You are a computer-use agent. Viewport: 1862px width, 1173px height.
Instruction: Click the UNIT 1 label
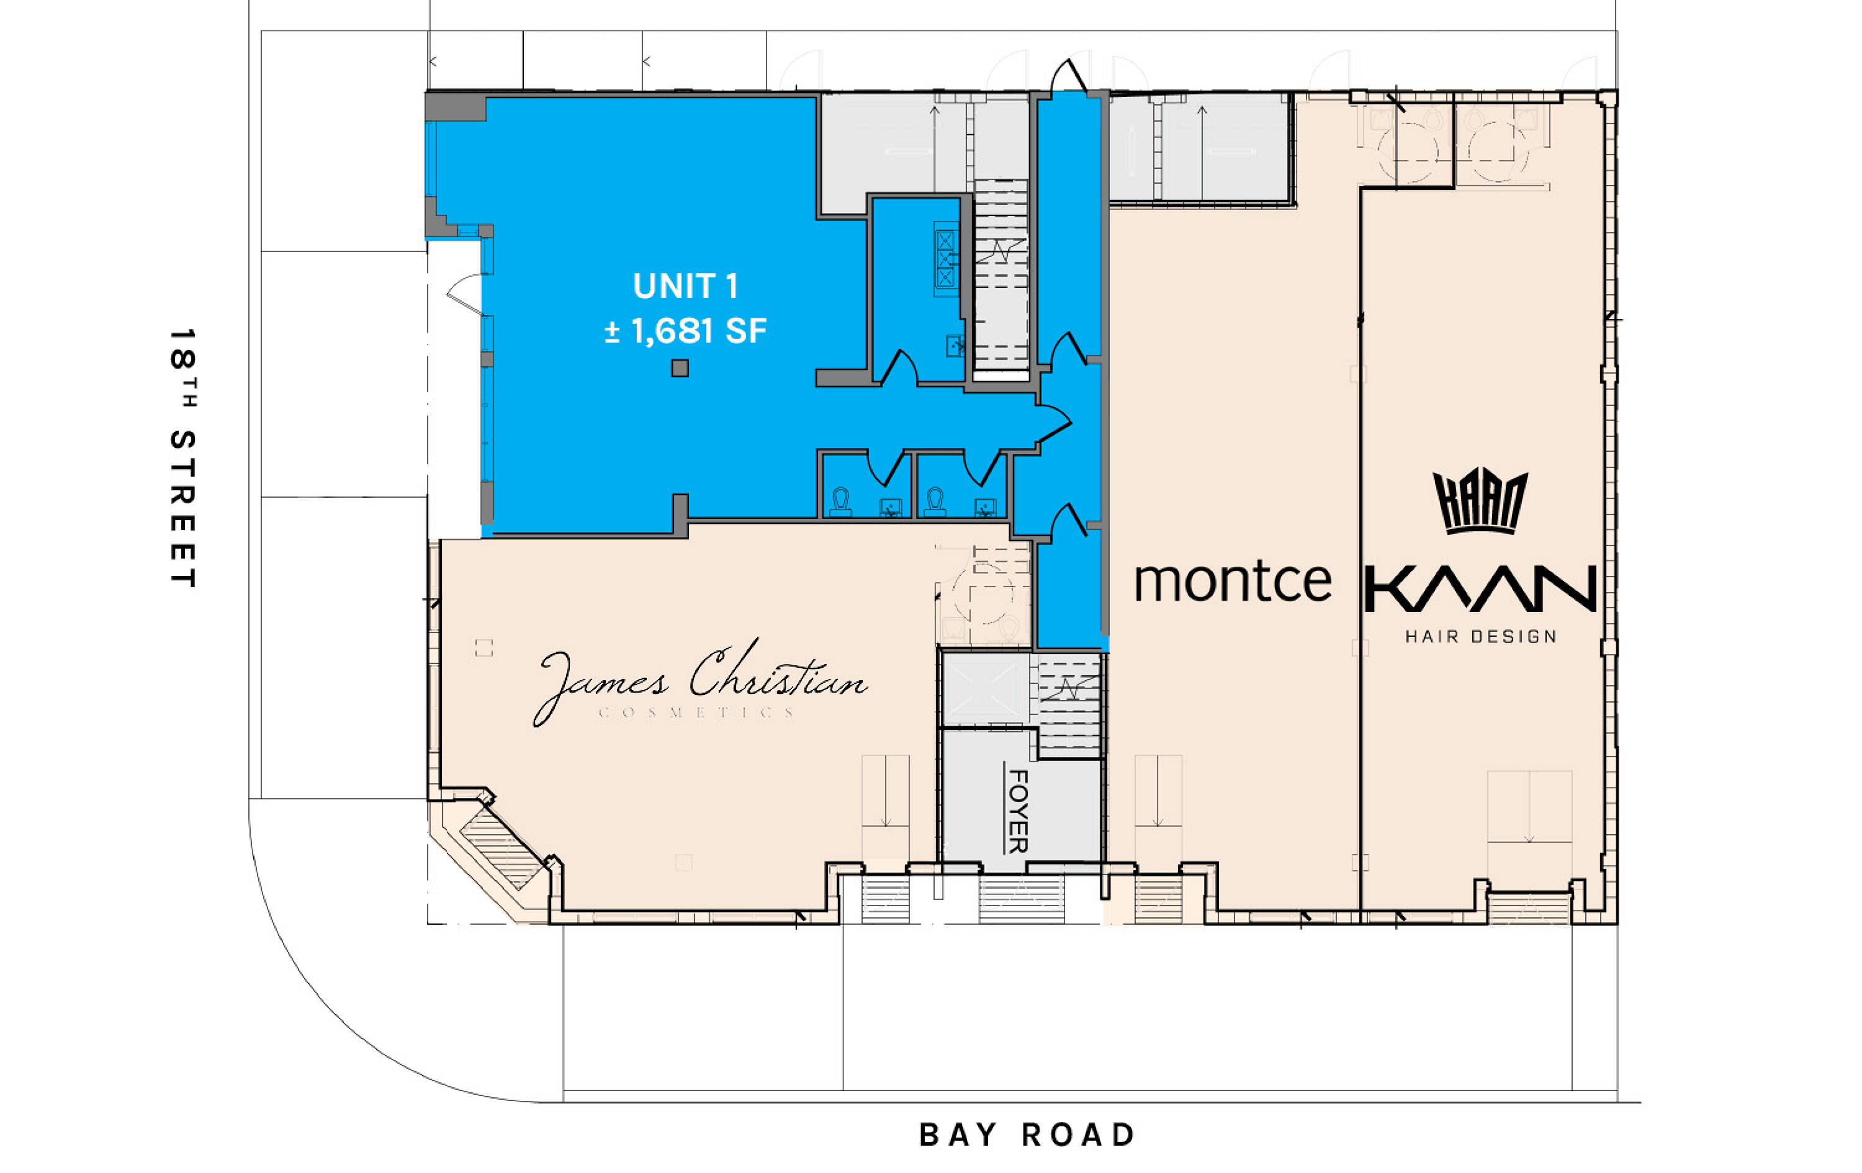(685, 286)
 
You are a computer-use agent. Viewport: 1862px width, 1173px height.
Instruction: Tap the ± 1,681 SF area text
(685, 331)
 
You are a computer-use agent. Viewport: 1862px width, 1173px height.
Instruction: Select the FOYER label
(1018, 811)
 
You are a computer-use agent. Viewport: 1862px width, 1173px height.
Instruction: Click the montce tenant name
(1233, 582)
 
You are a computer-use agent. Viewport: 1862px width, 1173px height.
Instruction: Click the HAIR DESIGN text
(1481, 636)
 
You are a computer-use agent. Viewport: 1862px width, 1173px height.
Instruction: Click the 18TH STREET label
(182, 458)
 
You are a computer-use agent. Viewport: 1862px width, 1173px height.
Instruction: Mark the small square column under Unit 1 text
(680, 368)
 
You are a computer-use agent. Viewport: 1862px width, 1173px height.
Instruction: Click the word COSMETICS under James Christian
(697, 712)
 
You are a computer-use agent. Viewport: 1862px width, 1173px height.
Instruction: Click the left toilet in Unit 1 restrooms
(840, 502)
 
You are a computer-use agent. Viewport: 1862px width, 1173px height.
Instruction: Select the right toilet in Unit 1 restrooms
(935, 502)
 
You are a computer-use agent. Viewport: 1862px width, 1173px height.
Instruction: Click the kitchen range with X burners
(945, 259)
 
